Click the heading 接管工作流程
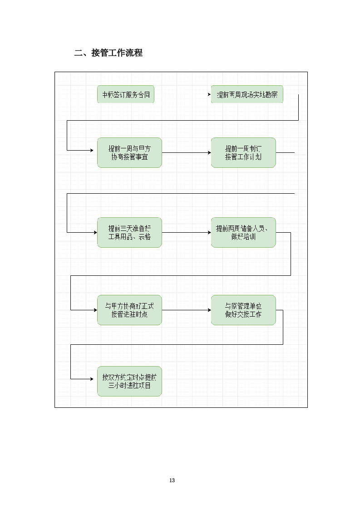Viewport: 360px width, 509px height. (x=117, y=53)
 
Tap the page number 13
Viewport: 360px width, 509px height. (x=172, y=480)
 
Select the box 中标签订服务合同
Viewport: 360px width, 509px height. (x=126, y=94)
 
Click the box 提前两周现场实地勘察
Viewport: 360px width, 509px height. (x=247, y=94)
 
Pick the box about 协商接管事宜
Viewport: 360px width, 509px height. (x=129, y=153)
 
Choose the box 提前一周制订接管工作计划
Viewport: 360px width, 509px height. (x=243, y=153)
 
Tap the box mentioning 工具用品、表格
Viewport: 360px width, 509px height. (x=129, y=233)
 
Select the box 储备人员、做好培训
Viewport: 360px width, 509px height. (x=243, y=233)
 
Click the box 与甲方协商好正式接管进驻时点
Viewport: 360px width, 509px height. (x=129, y=310)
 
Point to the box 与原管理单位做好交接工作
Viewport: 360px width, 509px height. (x=243, y=310)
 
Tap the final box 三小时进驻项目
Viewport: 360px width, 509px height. (x=129, y=382)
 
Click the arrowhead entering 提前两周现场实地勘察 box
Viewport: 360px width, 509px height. (x=209, y=94)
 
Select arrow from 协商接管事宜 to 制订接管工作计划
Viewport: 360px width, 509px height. (x=186, y=153)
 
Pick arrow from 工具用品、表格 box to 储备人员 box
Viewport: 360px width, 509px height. (x=186, y=233)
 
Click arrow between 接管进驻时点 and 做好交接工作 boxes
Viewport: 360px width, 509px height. (x=186, y=310)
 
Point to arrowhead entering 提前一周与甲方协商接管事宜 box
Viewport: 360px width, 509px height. (x=95, y=150)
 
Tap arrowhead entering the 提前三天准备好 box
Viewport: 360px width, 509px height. (x=95, y=233)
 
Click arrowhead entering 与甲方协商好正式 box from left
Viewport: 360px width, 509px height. (x=95, y=310)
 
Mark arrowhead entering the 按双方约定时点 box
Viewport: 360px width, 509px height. (x=95, y=379)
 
